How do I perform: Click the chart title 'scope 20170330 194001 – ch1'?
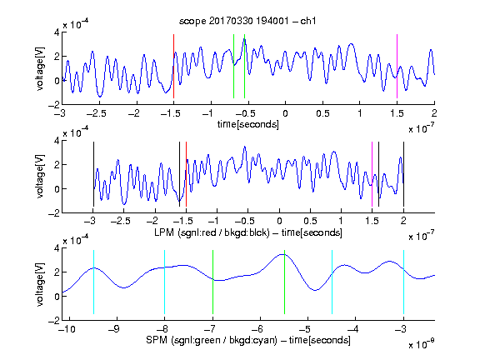coord(247,21)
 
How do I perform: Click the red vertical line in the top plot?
coord(173,66)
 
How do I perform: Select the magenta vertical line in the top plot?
coord(397,66)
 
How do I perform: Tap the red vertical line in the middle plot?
coord(186,174)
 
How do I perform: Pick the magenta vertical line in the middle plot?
coord(372,174)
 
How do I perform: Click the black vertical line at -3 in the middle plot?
coord(93,174)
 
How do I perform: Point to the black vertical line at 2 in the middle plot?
coord(403,174)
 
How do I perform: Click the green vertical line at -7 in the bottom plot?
coord(212,282)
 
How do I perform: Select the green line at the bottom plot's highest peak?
coord(284,282)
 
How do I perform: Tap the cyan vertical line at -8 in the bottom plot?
coord(165,282)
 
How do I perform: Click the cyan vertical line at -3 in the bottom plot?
coord(403,282)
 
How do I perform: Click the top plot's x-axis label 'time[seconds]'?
coord(248,124)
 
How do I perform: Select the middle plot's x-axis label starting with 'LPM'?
coord(248,232)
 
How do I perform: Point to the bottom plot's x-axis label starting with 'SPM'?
coord(248,340)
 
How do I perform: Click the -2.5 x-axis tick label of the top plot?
coord(96,113)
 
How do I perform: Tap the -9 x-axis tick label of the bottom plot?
coord(114,329)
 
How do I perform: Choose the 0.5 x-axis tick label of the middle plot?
coord(310,221)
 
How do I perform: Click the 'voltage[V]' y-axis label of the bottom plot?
coord(40,284)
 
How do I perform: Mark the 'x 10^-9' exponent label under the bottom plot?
coord(422,343)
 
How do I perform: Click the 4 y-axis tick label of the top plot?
coord(57,32)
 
